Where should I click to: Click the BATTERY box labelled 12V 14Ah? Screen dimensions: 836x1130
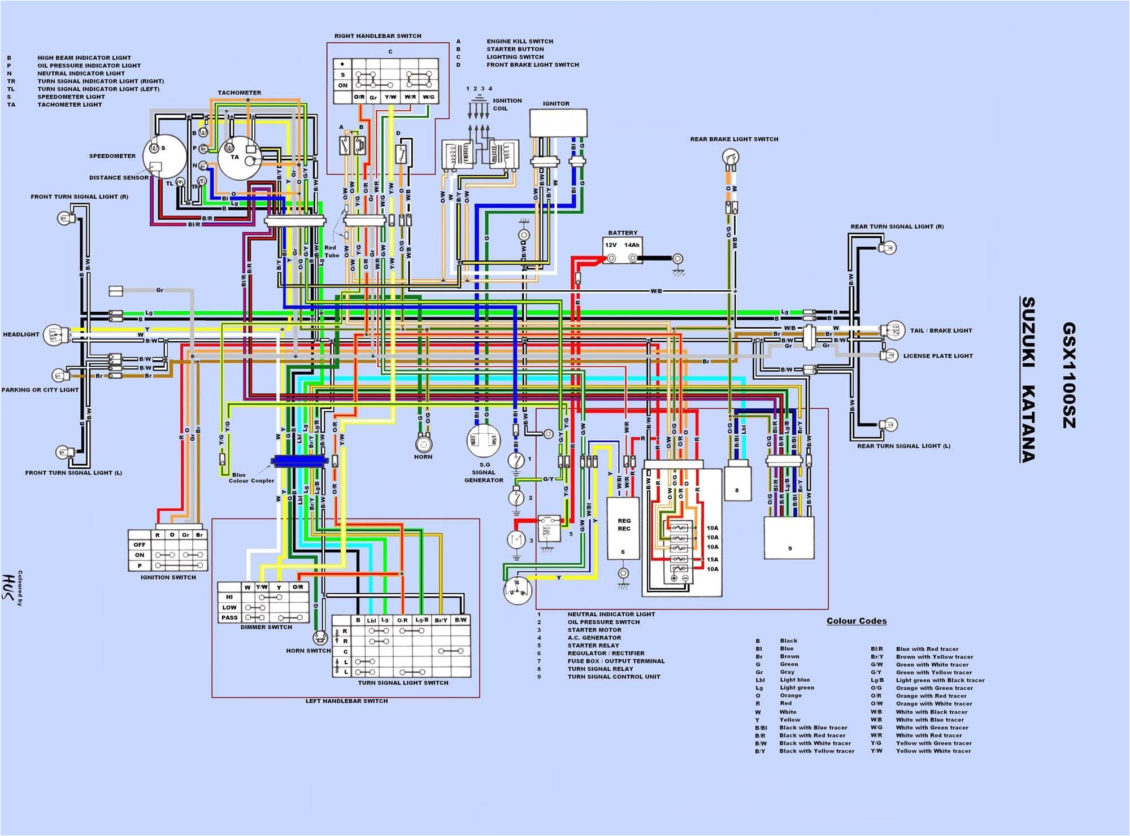[622, 250]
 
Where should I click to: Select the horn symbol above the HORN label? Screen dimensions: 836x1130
[423, 443]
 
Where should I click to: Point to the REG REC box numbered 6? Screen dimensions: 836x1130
[623, 528]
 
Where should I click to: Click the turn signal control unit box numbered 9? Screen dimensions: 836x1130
[789, 538]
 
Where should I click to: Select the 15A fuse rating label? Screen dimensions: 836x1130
[712, 560]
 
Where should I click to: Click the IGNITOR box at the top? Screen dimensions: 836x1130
[558, 123]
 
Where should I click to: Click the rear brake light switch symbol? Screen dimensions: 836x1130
[732, 158]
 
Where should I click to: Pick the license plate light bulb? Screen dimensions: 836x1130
[891, 355]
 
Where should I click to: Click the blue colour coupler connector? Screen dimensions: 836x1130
[299, 461]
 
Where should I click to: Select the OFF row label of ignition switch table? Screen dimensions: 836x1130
[140, 545]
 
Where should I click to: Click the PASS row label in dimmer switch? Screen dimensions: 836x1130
[229, 617]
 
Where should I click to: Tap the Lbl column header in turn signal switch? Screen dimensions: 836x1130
[371, 620]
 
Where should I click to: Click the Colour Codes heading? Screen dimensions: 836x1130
[856, 621]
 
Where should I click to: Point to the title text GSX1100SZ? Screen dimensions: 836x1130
[1068, 375]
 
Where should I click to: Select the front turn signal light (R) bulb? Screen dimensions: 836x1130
[64, 217]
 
